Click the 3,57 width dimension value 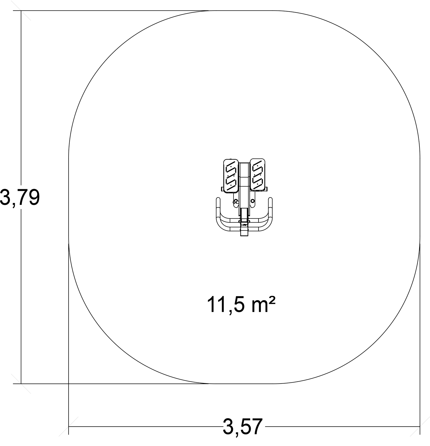click(x=242, y=427)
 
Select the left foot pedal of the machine click(x=231, y=175)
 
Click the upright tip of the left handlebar click(x=218, y=199)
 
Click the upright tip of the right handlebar click(x=270, y=199)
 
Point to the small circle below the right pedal click(x=252, y=201)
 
